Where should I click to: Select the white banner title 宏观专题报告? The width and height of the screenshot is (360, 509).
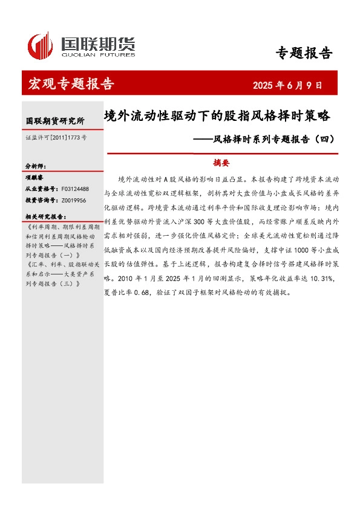click(x=71, y=84)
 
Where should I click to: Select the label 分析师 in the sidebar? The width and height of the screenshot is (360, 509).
click(x=35, y=165)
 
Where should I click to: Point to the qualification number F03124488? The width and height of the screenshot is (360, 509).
click(x=74, y=189)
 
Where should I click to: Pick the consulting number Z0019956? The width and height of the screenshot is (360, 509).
click(x=73, y=200)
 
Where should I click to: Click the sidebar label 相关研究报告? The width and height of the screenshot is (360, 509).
click(x=45, y=216)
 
